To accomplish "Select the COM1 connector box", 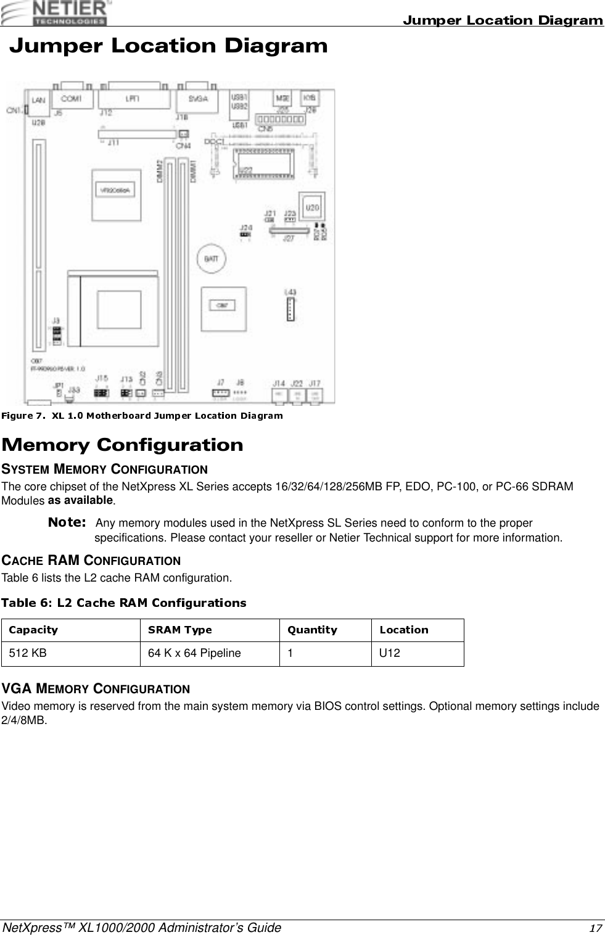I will click(x=72, y=99).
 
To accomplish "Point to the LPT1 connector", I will click(x=133, y=99).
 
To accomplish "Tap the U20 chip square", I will click(x=313, y=207).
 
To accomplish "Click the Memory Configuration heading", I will click(x=123, y=445).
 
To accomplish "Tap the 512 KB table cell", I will click(x=27, y=653).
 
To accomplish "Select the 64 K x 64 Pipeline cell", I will click(x=194, y=653).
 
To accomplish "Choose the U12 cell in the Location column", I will click(x=389, y=653).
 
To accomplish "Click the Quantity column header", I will click(x=313, y=630).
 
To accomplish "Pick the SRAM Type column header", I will click(x=179, y=630).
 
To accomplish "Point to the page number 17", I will click(x=595, y=928).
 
